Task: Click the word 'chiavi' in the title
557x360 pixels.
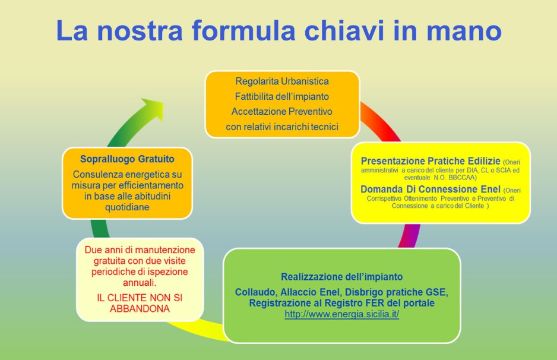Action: tap(344, 30)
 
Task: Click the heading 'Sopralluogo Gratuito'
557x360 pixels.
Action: tap(127, 159)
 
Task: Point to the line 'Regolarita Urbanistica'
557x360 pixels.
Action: tap(282, 81)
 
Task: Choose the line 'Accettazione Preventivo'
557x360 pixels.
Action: tap(282, 112)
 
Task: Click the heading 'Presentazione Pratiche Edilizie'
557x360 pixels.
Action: tap(431, 161)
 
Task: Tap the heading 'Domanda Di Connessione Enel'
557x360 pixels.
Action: tap(431, 189)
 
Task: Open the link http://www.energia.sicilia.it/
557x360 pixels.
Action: tap(341, 314)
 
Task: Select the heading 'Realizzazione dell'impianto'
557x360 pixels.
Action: tap(341, 277)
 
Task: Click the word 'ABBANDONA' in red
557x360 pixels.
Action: tap(140, 309)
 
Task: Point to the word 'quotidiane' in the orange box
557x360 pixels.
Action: tap(127, 207)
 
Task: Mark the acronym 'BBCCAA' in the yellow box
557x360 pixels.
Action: tap(460, 178)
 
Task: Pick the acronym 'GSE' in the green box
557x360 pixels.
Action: tap(436, 292)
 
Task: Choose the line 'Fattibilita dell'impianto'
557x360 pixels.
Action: tap(282, 97)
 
